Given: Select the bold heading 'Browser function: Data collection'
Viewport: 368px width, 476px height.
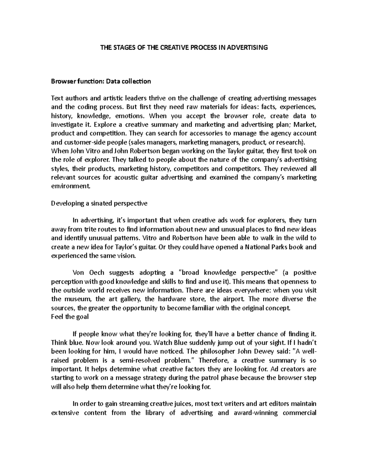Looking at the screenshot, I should [x=101, y=81].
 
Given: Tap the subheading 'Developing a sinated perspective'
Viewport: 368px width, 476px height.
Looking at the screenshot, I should [x=99, y=203].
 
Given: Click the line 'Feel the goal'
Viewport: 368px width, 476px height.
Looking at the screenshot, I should [x=70, y=317].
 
